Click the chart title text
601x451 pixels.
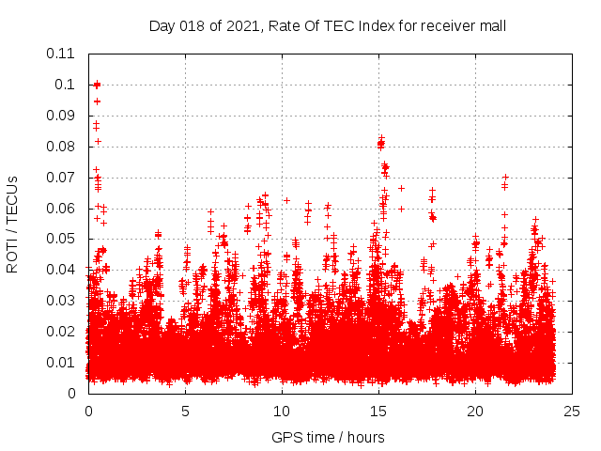[328, 25]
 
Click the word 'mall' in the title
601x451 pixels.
[493, 25]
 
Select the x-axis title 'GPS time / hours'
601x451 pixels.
[328, 437]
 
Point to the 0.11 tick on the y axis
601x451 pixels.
[62, 54]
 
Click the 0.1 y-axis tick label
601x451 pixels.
[66, 85]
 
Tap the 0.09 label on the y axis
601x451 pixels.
[62, 116]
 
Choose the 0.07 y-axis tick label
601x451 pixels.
[62, 177]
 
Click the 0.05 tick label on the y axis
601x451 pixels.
[62, 239]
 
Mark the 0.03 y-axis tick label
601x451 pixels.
[62, 301]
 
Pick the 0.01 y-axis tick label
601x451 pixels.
[62, 363]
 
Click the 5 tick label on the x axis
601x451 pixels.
[185, 412]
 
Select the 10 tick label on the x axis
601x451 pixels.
[282, 412]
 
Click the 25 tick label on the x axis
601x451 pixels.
[572, 412]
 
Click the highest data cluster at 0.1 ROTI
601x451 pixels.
[97, 85]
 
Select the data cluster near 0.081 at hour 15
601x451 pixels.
[381, 143]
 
